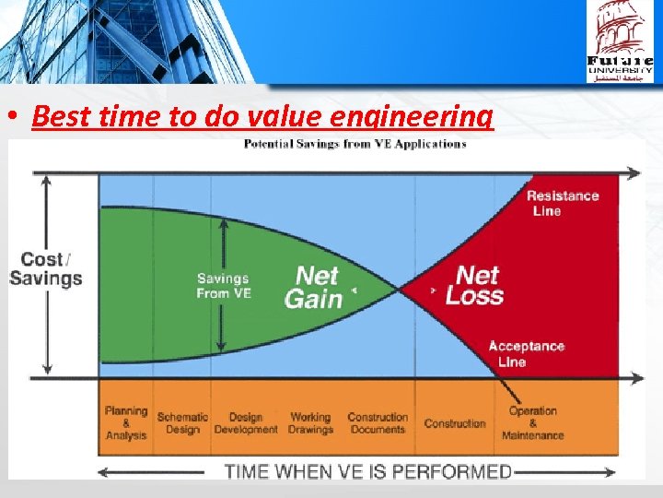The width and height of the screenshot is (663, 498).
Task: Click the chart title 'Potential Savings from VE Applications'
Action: click(355, 144)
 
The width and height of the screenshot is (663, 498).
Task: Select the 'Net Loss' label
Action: click(474, 285)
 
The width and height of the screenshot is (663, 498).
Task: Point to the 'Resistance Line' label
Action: click(562, 203)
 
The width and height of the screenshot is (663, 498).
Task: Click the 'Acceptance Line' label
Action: click(526, 354)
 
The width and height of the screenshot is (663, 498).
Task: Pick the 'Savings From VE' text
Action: click(223, 285)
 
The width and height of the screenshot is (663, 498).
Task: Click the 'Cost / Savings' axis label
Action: click(46, 268)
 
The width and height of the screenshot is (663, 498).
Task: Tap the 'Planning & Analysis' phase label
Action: click(126, 423)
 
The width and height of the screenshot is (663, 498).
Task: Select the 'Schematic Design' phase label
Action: click(182, 423)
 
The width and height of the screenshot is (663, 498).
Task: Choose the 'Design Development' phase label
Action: click(246, 423)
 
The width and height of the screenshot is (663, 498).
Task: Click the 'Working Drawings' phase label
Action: click(310, 423)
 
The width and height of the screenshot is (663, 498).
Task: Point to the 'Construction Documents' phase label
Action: click(378, 423)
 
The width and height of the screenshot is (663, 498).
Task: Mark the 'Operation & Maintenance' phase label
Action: click(533, 423)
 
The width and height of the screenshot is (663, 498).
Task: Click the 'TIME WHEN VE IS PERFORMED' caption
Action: click(368, 471)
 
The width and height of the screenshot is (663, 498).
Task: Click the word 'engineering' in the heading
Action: click(428, 119)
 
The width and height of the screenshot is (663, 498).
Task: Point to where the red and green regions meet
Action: click(399, 290)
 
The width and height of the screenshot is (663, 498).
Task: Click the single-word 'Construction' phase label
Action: click(455, 424)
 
